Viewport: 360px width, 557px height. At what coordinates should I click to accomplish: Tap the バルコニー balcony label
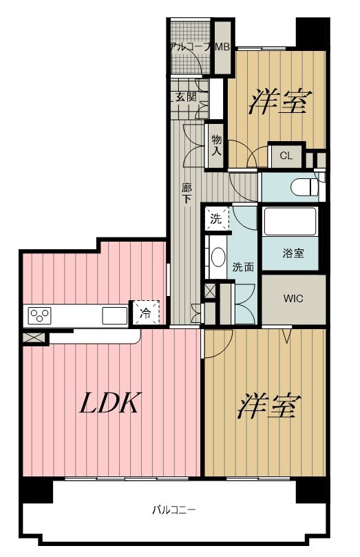pyautogui.click(x=173, y=510)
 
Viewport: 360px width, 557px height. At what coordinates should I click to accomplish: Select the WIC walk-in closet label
pyautogui.click(x=293, y=298)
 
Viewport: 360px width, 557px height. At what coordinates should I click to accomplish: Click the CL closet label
pyautogui.click(x=286, y=156)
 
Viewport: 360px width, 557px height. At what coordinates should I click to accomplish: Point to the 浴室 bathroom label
pyautogui.click(x=293, y=253)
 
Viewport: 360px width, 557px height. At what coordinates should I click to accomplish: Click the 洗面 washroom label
pyautogui.click(x=243, y=266)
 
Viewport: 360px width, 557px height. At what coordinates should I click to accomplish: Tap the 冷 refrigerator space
pyautogui.click(x=145, y=313)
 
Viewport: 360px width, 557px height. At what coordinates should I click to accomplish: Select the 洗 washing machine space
pyautogui.click(x=216, y=219)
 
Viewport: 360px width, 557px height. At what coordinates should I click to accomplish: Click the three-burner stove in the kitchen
pyautogui.click(x=39, y=315)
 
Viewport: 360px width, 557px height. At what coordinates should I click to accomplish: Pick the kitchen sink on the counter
pyautogui.click(x=115, y=315)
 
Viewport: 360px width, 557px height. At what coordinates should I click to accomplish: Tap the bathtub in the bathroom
pyautogui.click(x=290, y=221)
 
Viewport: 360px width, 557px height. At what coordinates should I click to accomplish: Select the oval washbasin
pyautogui.click(x=218, y=257)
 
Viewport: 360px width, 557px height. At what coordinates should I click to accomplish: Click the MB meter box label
pyautogui.click(x=222, y=47)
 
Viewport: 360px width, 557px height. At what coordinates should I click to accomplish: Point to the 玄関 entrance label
pyautogui.click(x=186, y=96)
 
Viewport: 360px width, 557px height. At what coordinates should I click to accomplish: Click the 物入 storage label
pyautogui.click(x=217, y=145)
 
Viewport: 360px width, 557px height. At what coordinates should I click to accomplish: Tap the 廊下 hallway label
pyautogui.click(x=187, y=193)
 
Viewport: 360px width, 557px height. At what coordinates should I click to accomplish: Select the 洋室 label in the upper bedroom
pyautogui.click(x=280, y=101)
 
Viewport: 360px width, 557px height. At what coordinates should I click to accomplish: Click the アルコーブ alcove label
pyautogui.click(x=191, y=47)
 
